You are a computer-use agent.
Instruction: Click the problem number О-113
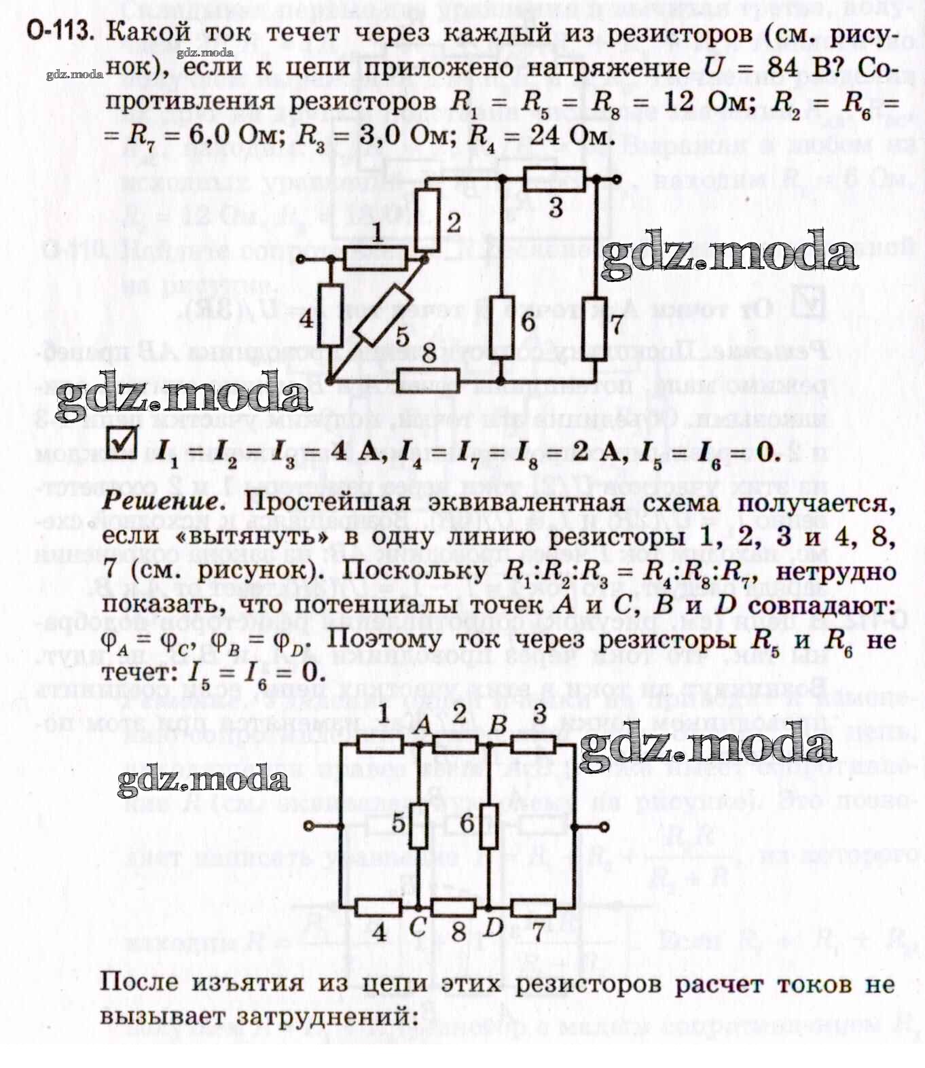60,32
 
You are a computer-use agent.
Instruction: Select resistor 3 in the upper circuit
554,180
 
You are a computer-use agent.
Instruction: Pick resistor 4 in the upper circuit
331,317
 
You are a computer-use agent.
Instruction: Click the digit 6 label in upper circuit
527,321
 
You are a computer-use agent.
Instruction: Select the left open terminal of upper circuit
303,260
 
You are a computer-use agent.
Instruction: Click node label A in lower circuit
422,725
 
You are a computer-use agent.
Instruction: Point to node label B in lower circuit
498,725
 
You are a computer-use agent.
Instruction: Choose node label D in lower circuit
494,927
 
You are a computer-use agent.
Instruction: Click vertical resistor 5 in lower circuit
420,825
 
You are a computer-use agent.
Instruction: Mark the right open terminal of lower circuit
604,826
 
